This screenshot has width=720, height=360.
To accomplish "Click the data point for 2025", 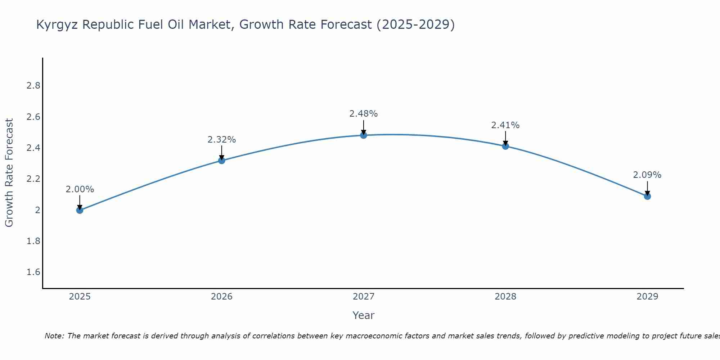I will (80, 210).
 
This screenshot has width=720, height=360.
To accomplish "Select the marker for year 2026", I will (222, 161).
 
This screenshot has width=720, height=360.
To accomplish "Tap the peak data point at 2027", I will (364, 135).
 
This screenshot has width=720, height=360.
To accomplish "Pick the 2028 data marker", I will (505, 146).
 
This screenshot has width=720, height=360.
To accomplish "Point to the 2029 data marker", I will (647, 196).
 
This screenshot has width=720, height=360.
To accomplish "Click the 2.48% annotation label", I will (364, 114).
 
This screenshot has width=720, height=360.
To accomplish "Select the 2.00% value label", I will (80, 189).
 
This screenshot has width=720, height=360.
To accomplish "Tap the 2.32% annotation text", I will (222, 140).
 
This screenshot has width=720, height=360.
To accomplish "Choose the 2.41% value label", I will (505, 125).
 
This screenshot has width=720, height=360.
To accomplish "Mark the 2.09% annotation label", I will (647, 175).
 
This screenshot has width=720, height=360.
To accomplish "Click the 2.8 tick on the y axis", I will (33, 86).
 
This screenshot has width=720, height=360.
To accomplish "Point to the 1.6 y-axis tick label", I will (33, 272).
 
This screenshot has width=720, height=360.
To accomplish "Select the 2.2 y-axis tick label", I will (33, 179).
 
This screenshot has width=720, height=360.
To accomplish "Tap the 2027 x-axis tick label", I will (364, 297).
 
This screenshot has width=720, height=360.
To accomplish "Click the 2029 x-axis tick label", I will (647, 297).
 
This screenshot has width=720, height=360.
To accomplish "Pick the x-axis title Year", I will (364, 315).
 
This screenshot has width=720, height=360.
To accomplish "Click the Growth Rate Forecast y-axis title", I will (9, 173).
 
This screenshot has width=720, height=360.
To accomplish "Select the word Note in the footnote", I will (54, 336).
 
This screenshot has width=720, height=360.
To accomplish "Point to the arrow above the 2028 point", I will (505, 138).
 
